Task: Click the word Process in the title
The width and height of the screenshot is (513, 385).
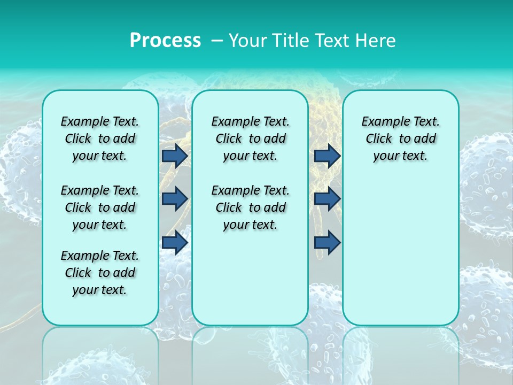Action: pos(165,41)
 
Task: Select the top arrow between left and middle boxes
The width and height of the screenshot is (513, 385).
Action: pos(175,156)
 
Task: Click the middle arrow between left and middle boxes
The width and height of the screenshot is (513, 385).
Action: pos(175,199)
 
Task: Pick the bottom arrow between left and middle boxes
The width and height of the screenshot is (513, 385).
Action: pos(175,242)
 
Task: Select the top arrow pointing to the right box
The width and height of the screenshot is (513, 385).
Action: pos(327,156)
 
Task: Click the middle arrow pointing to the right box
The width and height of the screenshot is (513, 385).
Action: pos(327,199)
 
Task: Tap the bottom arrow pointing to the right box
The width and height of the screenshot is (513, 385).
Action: pos(327,242)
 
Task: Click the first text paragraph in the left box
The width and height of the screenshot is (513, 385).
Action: pos(100,138)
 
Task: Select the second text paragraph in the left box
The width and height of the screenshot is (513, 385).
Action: pos(100,207)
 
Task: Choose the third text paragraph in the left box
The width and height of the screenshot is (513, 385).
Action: pos(100,273)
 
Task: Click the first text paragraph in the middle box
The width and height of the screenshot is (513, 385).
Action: pos(250,138)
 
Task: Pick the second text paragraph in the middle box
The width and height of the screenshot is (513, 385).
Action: pos(250,207)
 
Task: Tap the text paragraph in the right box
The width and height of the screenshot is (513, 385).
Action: pos(400,138)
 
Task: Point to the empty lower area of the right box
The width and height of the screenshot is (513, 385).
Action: pos(400,251)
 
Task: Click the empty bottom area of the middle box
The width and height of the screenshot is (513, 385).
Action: pos(250,283)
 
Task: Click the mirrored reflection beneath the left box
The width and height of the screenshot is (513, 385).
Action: pos(100,353)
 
